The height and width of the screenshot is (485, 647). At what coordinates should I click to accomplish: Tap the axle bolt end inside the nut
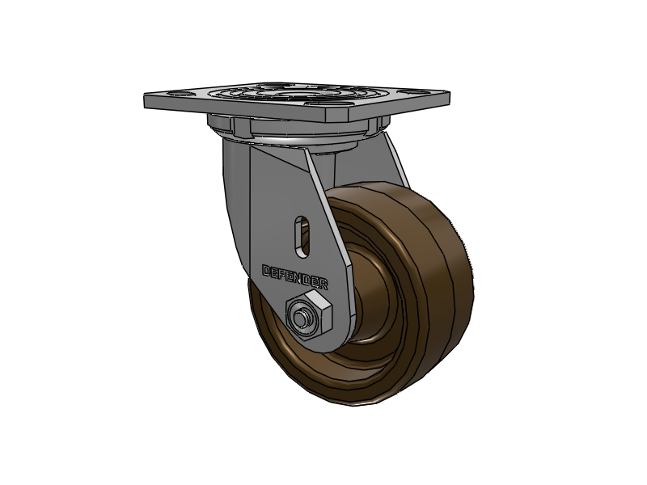[303, 318]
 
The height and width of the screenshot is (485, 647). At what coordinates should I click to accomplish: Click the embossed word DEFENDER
[294, 276]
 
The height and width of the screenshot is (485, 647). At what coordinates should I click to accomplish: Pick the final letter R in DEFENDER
[323, 284]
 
